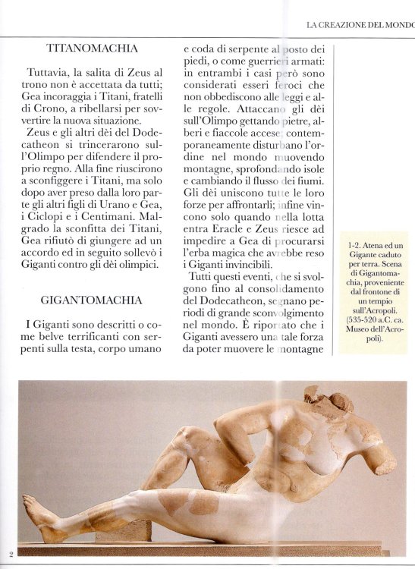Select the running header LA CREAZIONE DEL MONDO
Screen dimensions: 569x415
click(360, 25)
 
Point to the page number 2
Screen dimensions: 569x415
click(11, 553)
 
